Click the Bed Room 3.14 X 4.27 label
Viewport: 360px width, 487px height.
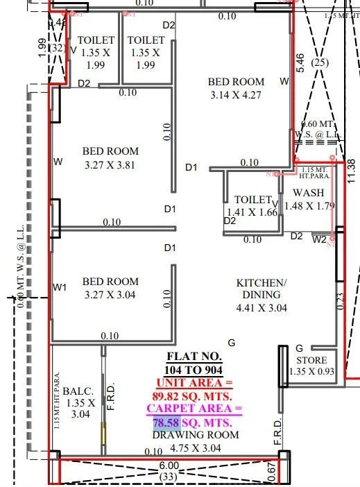pos(236,89)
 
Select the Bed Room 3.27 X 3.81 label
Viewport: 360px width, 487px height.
pos(110,158)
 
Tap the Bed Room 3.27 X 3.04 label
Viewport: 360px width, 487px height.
pos(110,289)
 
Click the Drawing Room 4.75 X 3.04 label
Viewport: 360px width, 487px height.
pos(195,441)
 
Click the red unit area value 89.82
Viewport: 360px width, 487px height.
pos(173,395)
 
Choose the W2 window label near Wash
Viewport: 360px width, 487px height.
pos(319,240)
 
